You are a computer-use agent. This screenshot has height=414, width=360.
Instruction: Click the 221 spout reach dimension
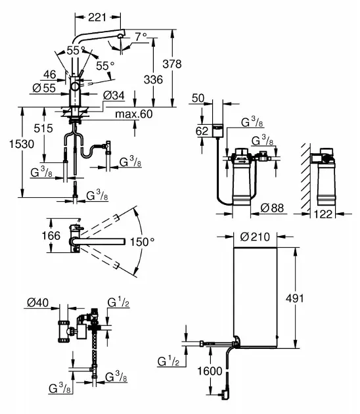coord(97,18)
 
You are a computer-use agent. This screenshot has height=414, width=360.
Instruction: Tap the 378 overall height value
coord(172,64)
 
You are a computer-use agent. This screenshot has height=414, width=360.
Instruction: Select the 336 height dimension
coord(153,80)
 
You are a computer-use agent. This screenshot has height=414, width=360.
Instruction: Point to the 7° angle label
coord(141,37)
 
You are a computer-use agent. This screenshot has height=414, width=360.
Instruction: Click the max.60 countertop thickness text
coord(134,114)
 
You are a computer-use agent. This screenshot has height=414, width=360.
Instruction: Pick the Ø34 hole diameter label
coord(114,95)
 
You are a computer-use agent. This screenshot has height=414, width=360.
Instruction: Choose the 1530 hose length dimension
coord(22,144)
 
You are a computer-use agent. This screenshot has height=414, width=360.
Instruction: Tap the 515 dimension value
coord(43,128)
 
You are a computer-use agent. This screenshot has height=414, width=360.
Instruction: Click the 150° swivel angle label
coord(143,242)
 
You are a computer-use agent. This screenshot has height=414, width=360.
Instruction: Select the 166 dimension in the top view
coord(51,235)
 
